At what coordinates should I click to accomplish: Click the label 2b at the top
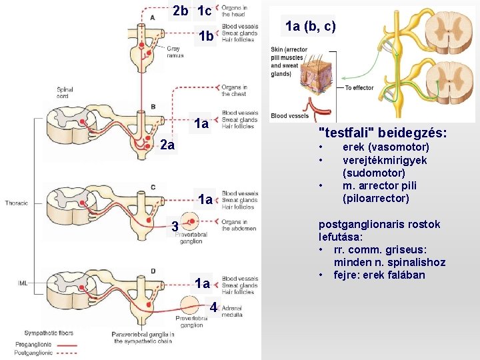[x=180, y=11]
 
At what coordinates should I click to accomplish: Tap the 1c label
[x=205, y=11]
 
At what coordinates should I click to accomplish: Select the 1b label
[x=206, y=37]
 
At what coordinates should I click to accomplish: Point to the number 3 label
[x=173, y=227]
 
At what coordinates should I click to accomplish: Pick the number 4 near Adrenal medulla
[x=213, y=307]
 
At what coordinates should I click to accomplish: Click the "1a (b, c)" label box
[x=310, y=27]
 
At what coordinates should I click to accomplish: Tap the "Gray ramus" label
[x=175, y=52]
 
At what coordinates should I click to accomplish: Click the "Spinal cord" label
[x=65, y=93]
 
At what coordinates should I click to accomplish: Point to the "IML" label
[x=23, y=283]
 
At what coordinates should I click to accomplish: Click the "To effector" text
[x=359, y=88]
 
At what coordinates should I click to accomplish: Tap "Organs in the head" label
[x=233, y=11]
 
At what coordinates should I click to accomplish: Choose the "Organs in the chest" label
[x=235, y=90]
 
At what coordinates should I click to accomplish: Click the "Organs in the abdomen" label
[x=239, y=225]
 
